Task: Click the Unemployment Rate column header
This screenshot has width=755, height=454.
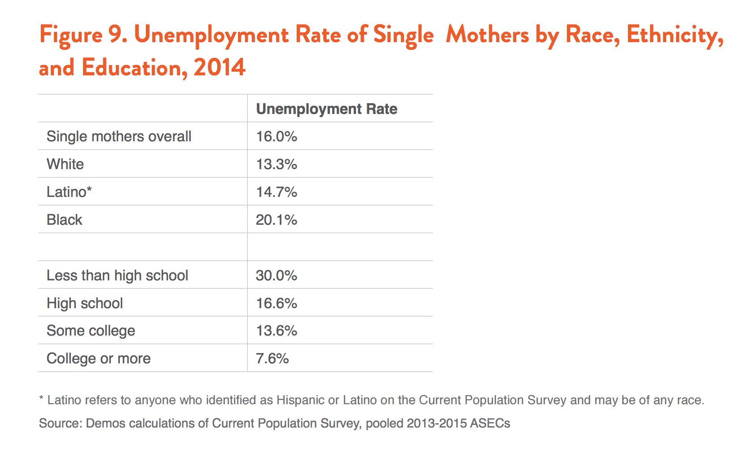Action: point(327,109)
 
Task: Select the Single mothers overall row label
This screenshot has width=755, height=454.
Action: point(119,137)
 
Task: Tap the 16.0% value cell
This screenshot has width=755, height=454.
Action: point(277,137)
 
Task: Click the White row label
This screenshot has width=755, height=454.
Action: point(66,164)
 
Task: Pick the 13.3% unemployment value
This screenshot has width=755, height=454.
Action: point(277,164)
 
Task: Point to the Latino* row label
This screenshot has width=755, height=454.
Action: point(69,192)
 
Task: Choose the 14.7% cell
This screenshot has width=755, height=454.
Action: point(277,192)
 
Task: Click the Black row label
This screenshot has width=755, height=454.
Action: point(64,220)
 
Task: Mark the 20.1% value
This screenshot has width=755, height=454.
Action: point(277,220)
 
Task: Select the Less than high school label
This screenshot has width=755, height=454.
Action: point(117,275)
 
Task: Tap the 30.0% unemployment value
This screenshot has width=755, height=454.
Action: point(277,275)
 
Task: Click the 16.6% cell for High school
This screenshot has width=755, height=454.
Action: point(277,303)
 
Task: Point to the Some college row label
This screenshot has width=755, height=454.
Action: point(91,331)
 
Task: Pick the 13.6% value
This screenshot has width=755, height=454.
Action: point(277,331)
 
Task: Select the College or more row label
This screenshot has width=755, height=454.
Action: point(99,359)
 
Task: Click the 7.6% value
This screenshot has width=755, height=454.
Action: point(272,359)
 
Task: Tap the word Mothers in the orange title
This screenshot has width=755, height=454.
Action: point(487,35)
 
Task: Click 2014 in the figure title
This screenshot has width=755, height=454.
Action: point(219,67)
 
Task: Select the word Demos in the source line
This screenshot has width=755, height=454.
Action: point(105,423)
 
